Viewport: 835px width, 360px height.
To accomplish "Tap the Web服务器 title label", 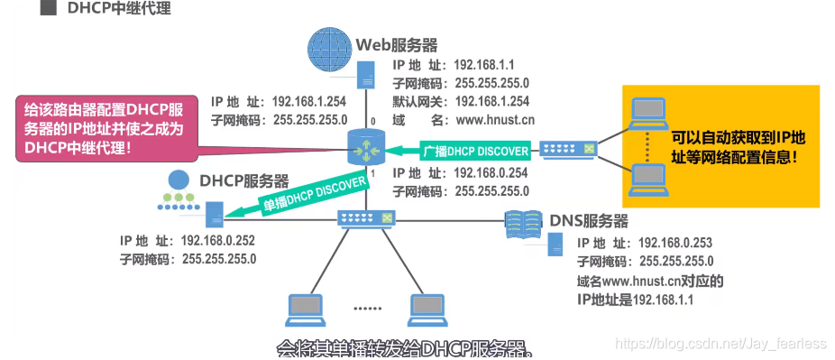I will click(396, 44).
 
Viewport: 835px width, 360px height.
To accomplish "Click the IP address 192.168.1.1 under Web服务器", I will click(483, 65).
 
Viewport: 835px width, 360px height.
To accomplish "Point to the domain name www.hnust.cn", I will click(494, 119).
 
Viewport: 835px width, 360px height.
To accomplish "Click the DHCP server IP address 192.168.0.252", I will click(219, 241).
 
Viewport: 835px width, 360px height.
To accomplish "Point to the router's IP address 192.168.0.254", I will click(491, 172).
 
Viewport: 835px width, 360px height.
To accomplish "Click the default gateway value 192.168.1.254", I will click(492, 101).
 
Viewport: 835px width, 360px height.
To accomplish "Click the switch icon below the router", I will click(365, 218).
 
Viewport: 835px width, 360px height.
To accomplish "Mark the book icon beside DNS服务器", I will click(525, 220).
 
